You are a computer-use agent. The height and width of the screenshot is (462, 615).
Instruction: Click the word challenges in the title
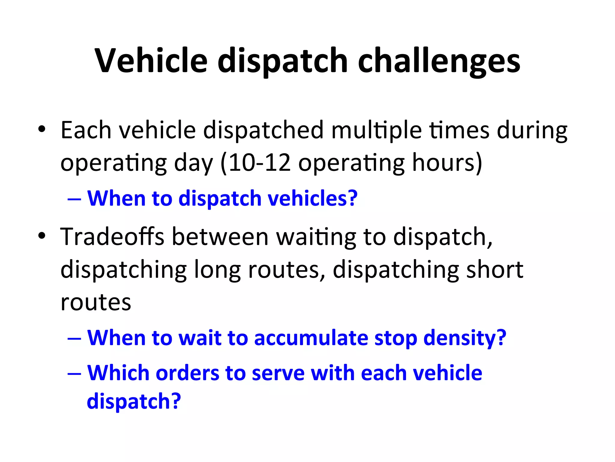[439, 62]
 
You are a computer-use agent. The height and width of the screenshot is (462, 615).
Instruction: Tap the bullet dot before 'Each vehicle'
[42, 129]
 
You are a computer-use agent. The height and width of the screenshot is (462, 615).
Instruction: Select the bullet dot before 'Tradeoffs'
[42, 236]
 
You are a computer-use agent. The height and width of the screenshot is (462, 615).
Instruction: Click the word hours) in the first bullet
[447, 163]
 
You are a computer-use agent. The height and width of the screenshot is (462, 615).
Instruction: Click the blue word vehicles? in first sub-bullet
[313, 198]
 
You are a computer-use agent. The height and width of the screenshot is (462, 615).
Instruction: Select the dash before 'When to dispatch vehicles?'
[74, 199]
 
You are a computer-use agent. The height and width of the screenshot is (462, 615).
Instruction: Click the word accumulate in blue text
[311, 338]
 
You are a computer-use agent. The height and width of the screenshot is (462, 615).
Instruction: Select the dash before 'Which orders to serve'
[74, 373]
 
